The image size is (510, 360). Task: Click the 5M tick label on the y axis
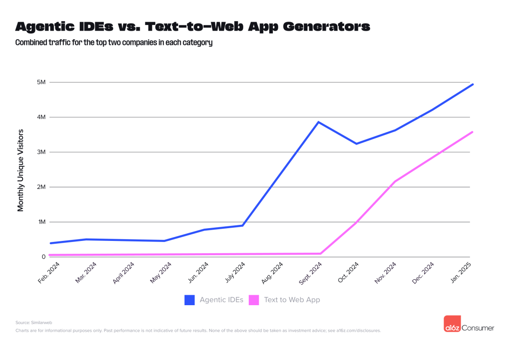[41, 82]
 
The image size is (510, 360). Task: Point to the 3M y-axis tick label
[41, 152]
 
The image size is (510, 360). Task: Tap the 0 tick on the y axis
[43, 257]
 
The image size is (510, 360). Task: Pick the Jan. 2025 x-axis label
[461, 273]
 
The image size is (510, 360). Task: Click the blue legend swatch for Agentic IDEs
[189, 300]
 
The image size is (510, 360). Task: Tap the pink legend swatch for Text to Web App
[254, 300]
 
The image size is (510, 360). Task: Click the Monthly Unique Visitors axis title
[21, 170]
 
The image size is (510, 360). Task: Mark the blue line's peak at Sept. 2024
[319, 122]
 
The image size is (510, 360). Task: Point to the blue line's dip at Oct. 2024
[357, 144]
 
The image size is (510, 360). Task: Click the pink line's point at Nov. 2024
[394, 181]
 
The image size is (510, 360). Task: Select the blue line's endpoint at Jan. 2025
[473, 84]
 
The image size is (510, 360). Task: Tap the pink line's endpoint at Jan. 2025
[473, 132]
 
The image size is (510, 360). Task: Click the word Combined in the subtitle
[30, 43]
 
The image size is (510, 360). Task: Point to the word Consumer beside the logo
[477, 328]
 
